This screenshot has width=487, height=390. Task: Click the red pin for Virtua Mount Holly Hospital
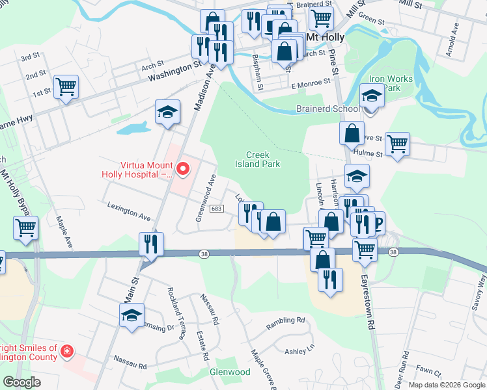tap(183, 170)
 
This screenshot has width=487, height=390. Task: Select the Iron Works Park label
tap(391, 83)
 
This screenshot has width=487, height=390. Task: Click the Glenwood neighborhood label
tap(230, 372)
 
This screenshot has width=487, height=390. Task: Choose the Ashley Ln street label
tap(299, 350)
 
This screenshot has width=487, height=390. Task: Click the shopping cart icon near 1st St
tap(66, 86)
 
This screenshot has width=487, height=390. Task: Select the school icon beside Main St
tap(132, 317)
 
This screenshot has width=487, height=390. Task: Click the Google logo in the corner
tap(21, 382)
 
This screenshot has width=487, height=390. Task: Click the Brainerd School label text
tap(327, 109)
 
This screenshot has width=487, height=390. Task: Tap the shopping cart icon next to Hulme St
tap(397, 144)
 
